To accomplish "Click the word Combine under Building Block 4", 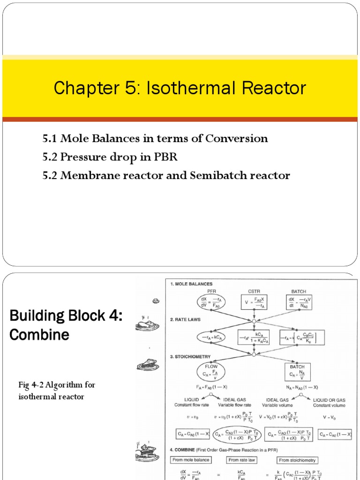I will click(x=39, y=335).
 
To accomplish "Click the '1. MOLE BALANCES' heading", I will click(x=192, y=284).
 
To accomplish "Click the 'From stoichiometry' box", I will click(x=297, y=460).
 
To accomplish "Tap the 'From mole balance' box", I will click(x=191, y=460).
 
